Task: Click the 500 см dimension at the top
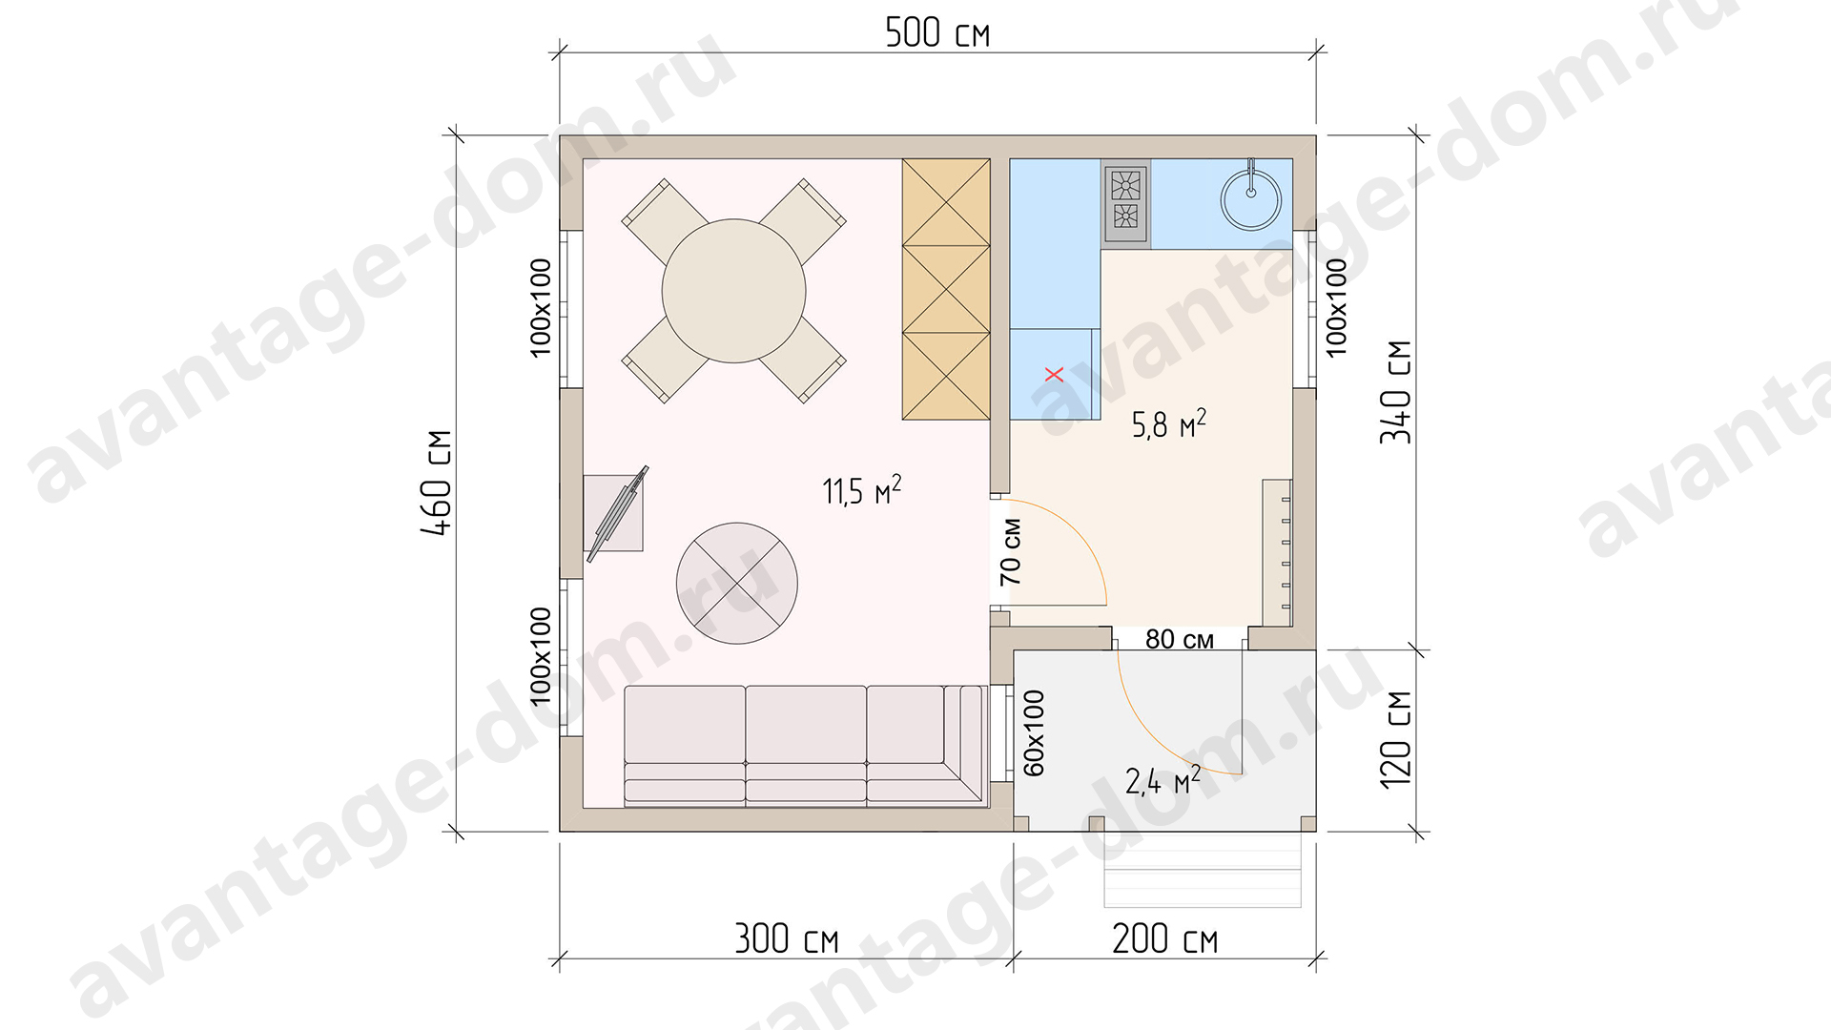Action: point(937,33)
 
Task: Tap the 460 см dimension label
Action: point(438,483)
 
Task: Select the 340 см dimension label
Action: point(1396,392)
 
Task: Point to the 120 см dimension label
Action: point(1396,739)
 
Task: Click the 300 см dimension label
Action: point(787,939)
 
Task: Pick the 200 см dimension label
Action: point(1165,939)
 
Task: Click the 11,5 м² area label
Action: point(862,490)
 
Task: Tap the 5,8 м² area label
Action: point(1169,423)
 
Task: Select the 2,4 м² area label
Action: point(1163,780)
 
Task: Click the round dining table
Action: point(734,291)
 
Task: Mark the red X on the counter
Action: point(1054,374)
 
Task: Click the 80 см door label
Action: point(1180,639)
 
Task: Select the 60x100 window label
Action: point(1035,732)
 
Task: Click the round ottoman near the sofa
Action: point(736,583)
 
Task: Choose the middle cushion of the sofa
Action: point(806,744)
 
